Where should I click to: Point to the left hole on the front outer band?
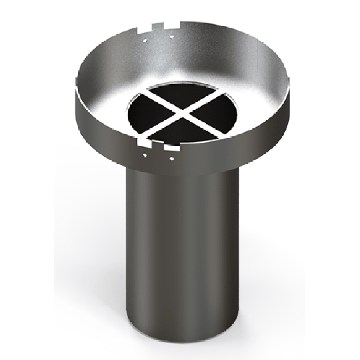click(145, 154)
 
